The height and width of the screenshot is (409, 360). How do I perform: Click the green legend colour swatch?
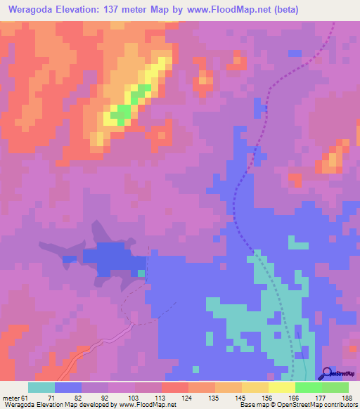click(308, 387)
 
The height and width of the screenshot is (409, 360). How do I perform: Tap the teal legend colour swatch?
click(41, 387)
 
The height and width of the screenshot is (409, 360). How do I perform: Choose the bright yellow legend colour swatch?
click(281, 387)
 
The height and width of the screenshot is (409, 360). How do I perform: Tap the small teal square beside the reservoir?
click(141, 273)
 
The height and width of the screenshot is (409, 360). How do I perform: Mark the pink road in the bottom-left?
click(84, 353)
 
